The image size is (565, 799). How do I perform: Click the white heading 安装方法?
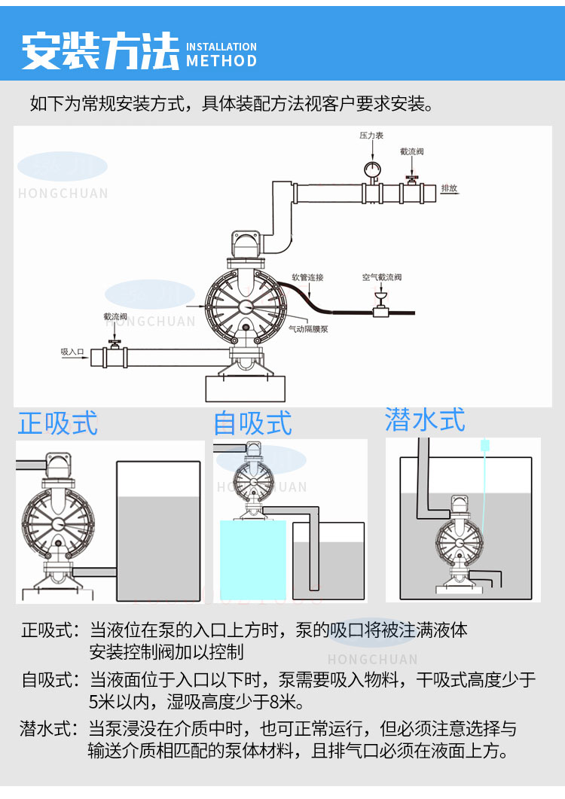100,50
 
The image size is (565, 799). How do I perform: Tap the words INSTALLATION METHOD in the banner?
221,54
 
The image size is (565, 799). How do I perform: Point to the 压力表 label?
371,136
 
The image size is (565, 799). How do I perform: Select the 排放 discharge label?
449,188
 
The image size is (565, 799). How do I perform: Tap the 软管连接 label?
307,278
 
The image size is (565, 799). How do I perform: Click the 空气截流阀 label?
382,278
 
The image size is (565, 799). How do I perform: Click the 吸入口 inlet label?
72,352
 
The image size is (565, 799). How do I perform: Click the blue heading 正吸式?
58,422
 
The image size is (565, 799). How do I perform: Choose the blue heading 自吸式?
252,422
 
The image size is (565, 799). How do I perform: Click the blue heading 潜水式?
425,419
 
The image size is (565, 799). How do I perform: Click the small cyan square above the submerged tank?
484,446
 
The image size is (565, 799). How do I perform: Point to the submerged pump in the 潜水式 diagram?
458,539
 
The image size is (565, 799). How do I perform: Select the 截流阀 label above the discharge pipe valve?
412,152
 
